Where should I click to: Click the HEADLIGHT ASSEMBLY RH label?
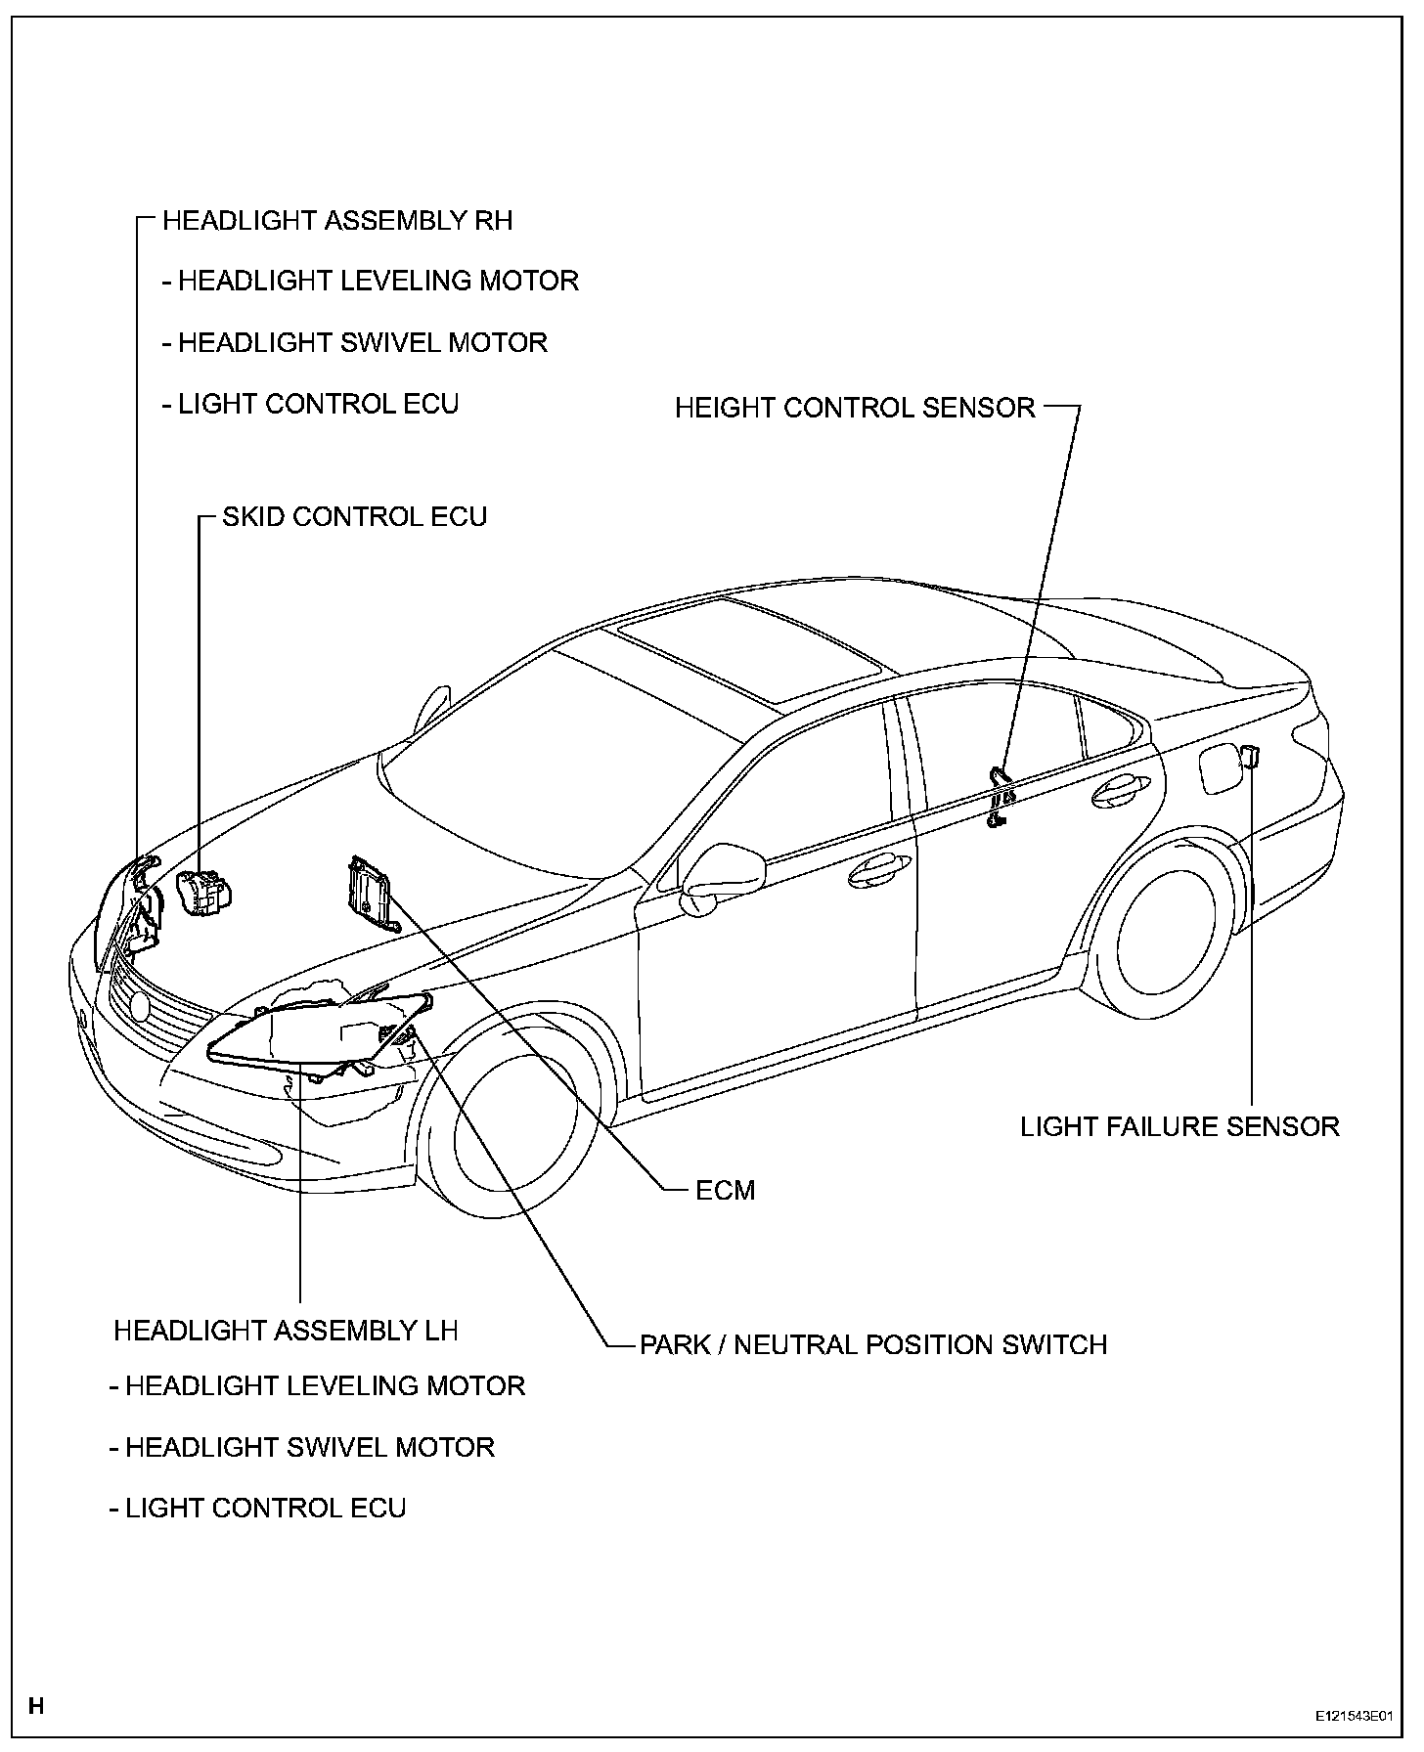point(337,220)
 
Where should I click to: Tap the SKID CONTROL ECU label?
point(354,516)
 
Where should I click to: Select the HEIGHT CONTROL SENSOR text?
point(855,408)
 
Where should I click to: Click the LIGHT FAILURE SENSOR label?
point(1179,1126)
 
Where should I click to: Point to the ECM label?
point(725,1191)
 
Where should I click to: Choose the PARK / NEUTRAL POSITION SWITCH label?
point(872,1344)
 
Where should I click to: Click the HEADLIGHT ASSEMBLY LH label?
point(286,1331)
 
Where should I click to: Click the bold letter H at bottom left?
point(36,1707)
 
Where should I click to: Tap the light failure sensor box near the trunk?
point(1249,755)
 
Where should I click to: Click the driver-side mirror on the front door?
point(726,867)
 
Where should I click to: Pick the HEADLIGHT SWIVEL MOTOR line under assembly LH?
point(302,1447)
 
